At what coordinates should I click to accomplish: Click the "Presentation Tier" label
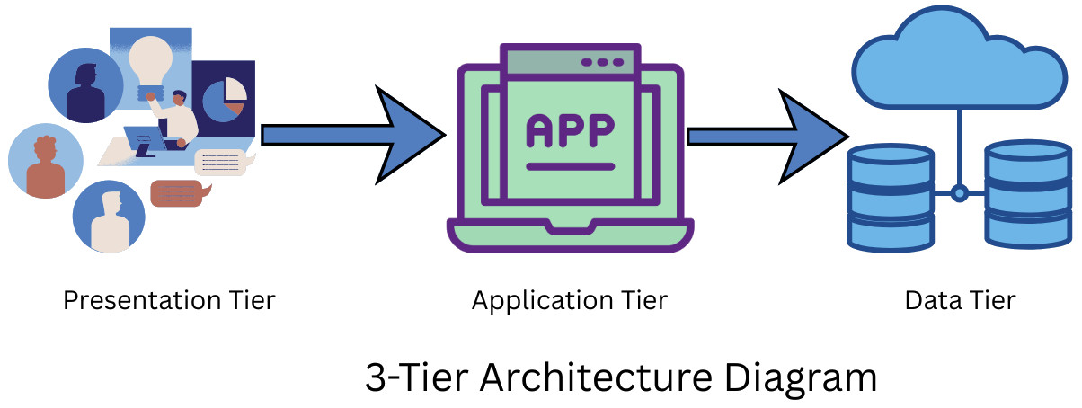tap(169, 300)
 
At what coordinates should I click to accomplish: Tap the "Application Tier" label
tap(570, 300)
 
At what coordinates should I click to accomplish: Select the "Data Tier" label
tap(960, 300)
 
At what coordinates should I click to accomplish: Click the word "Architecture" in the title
tap(587, 377)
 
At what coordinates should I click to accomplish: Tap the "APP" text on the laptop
tap(570, 131)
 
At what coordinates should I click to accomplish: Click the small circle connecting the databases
tap(959, 192)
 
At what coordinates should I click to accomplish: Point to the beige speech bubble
tap(221, 162)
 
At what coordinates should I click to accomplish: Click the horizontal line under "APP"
tap(570, 166)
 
